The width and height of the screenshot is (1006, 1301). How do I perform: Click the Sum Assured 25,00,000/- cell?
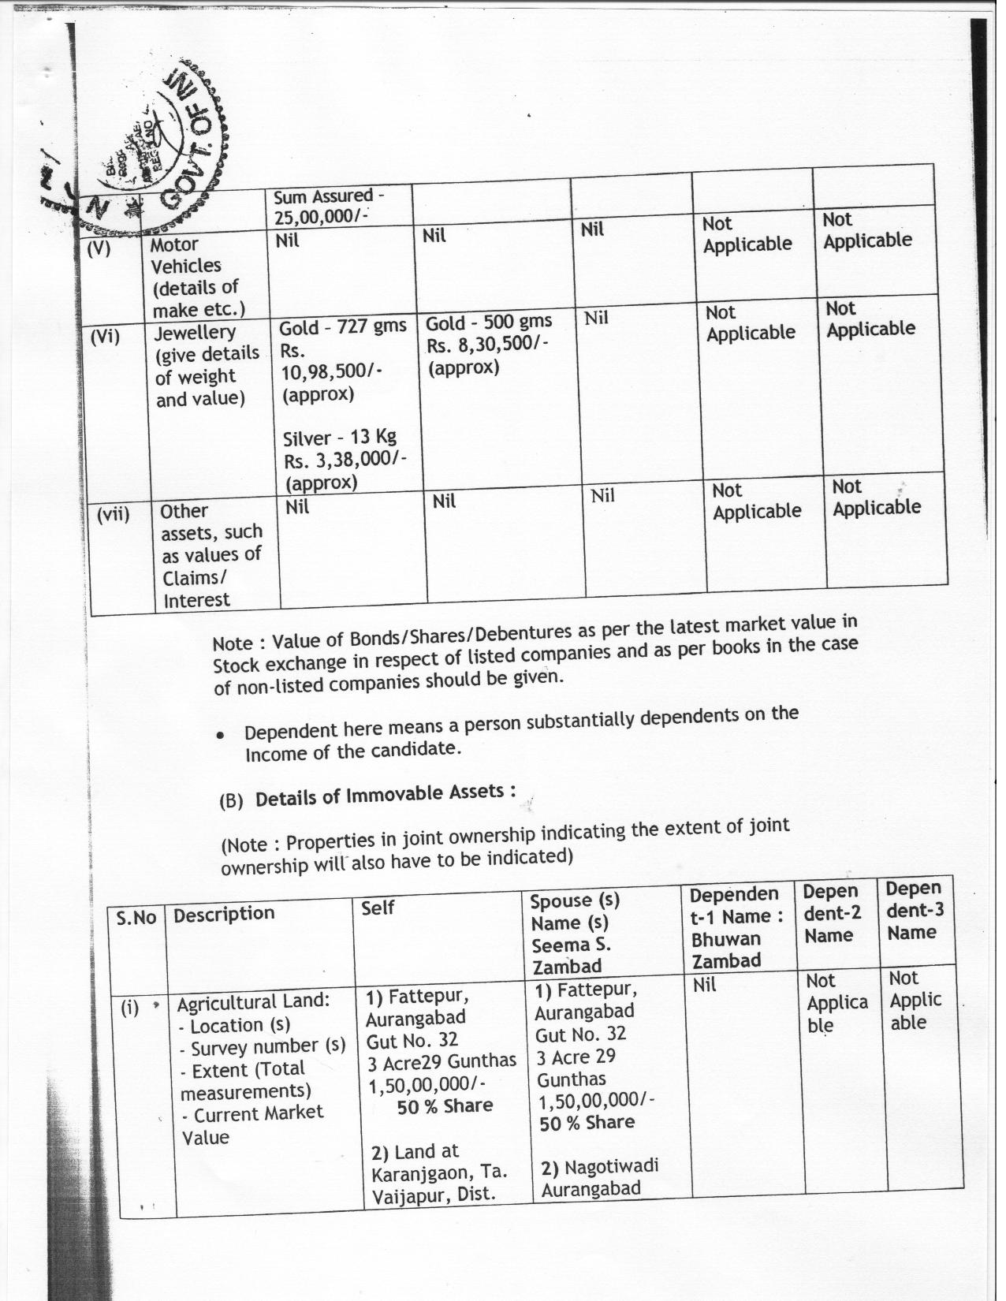(330, 205)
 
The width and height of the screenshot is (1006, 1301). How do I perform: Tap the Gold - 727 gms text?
(343, 326)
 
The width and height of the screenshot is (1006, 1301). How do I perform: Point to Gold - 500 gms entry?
(489, 322)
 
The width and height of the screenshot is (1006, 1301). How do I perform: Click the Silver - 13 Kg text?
(339, 438)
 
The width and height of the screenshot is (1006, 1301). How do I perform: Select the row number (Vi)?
(104, 337)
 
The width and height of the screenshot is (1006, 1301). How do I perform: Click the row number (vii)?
(114, 515)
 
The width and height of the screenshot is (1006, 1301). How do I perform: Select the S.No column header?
(136, 918)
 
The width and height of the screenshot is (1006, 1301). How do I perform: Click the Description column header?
(224, 915)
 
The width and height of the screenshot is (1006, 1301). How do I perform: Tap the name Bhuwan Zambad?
(726, 949)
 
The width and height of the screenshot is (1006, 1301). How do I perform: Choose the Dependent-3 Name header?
(915, 910)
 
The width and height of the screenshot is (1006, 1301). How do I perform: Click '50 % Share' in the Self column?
(445, 1106)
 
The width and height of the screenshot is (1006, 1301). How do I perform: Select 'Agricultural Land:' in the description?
(252, 1001)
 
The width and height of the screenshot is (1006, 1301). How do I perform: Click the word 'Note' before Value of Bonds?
(233, 643)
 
